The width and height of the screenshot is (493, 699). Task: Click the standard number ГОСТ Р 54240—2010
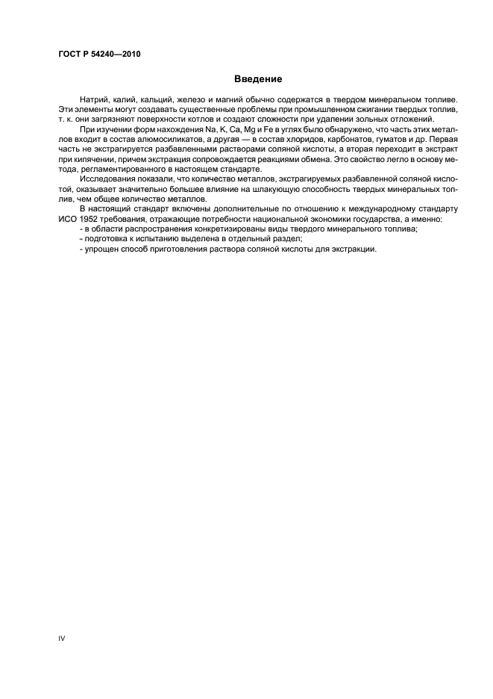tap(98, 55)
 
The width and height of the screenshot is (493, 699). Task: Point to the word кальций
tap(154, 100)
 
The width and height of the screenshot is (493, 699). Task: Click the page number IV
tap(62, 639)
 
